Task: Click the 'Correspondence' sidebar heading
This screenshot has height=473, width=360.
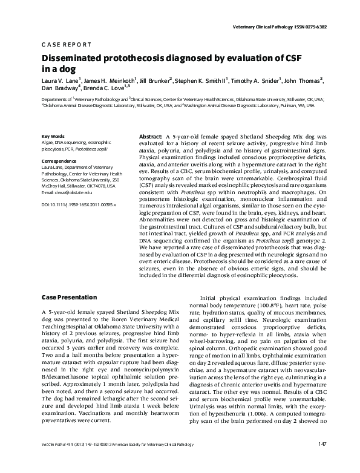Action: coord(59,161)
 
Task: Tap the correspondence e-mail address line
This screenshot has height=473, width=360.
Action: coord(67,192)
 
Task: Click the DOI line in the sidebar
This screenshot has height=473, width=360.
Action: coord(78,205)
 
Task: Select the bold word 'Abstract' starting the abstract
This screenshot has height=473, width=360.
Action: coord(151,137)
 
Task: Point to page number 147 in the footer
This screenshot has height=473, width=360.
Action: coord(322,462)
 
